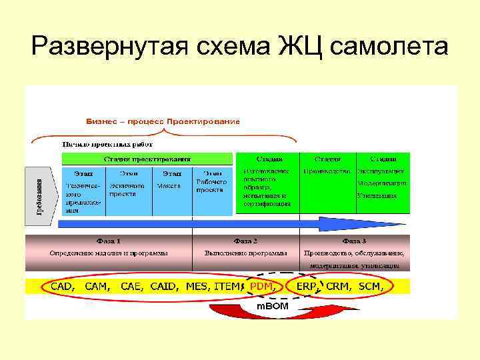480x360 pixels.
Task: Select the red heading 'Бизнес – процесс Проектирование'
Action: [x=163, y=122]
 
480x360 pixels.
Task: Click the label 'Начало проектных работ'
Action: [x=108, y=144]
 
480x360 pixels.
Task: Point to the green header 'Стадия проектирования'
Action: [x=147, y=159]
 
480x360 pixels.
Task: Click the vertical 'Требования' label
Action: [x=39, y=197]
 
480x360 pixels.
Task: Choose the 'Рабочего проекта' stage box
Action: [x=213, y=185]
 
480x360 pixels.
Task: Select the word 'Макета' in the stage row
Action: [x=169, y=186]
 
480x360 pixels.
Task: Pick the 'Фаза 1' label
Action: [x=108, y=240]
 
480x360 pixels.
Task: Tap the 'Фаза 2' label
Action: [x=245, y=240]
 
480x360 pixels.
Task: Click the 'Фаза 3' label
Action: [x=354, y=240]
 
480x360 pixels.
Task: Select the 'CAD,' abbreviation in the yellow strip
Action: [x=63, y=286]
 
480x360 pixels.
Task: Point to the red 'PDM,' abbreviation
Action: [x=262, y=286]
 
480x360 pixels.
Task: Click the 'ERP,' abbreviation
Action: [x=307, y=286]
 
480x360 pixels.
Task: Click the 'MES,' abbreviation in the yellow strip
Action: [x=197, y=286]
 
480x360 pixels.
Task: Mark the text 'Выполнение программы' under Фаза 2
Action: [x=245, y=253]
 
